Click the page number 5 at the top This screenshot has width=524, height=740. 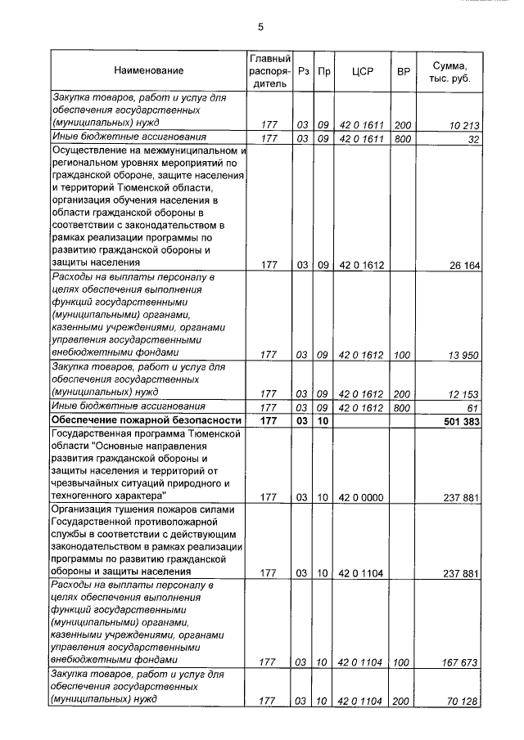(260, 26)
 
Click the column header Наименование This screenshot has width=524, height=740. (148, 72)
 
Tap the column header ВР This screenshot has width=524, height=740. (403, 72)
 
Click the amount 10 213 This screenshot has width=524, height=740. (463, 125)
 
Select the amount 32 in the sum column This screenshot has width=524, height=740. (472, 139)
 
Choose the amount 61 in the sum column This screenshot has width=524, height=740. (472, 407)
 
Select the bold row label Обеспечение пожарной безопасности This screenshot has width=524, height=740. (135, 420)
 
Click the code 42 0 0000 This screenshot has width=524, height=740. (361, 497)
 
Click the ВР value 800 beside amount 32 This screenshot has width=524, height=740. (403, 139)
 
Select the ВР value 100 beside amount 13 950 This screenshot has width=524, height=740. (403, 355)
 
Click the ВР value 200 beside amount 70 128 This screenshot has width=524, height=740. (403, 702)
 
